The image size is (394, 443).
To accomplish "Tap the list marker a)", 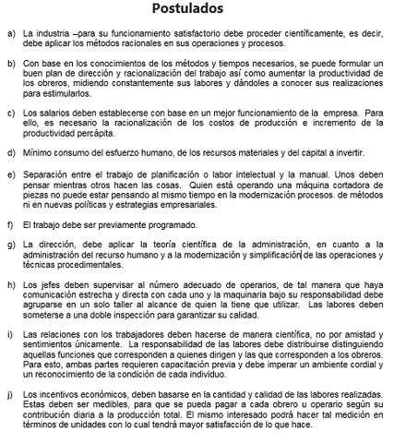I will coord(10,32).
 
